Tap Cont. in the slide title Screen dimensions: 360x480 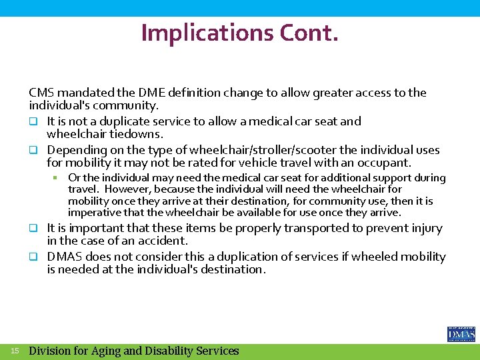313,32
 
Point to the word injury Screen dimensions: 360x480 425,228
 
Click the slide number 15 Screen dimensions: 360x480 15,350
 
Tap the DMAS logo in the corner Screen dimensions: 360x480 461,334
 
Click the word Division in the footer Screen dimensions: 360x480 52,351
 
